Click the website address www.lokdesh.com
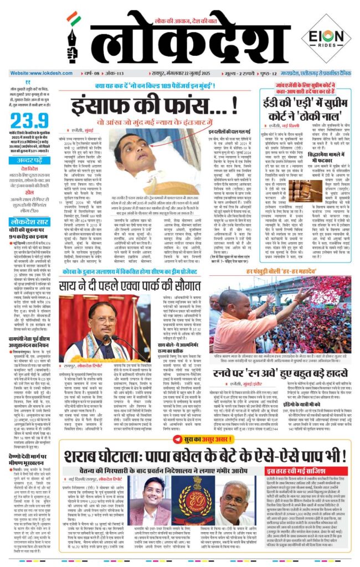coord(35,73)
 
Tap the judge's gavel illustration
coord(286,193)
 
